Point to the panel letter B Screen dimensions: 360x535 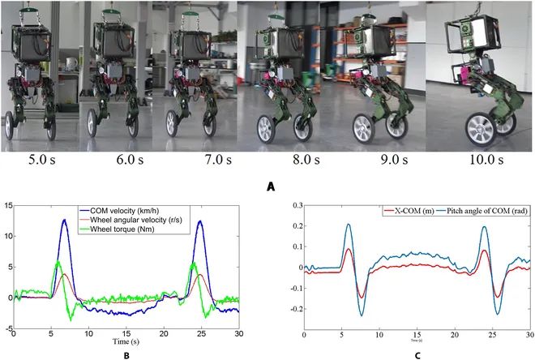126,354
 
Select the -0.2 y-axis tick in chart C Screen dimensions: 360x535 291,309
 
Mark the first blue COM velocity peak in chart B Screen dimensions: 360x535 64,220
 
